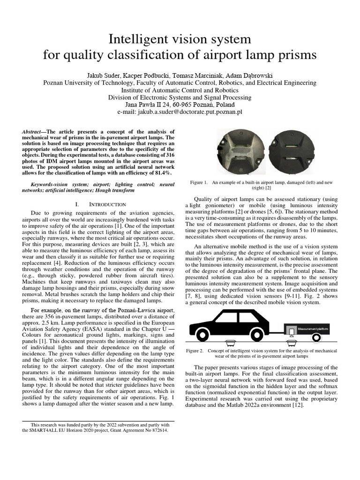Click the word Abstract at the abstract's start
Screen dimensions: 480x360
(34, 132)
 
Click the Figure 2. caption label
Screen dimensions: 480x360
(195, 351)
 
